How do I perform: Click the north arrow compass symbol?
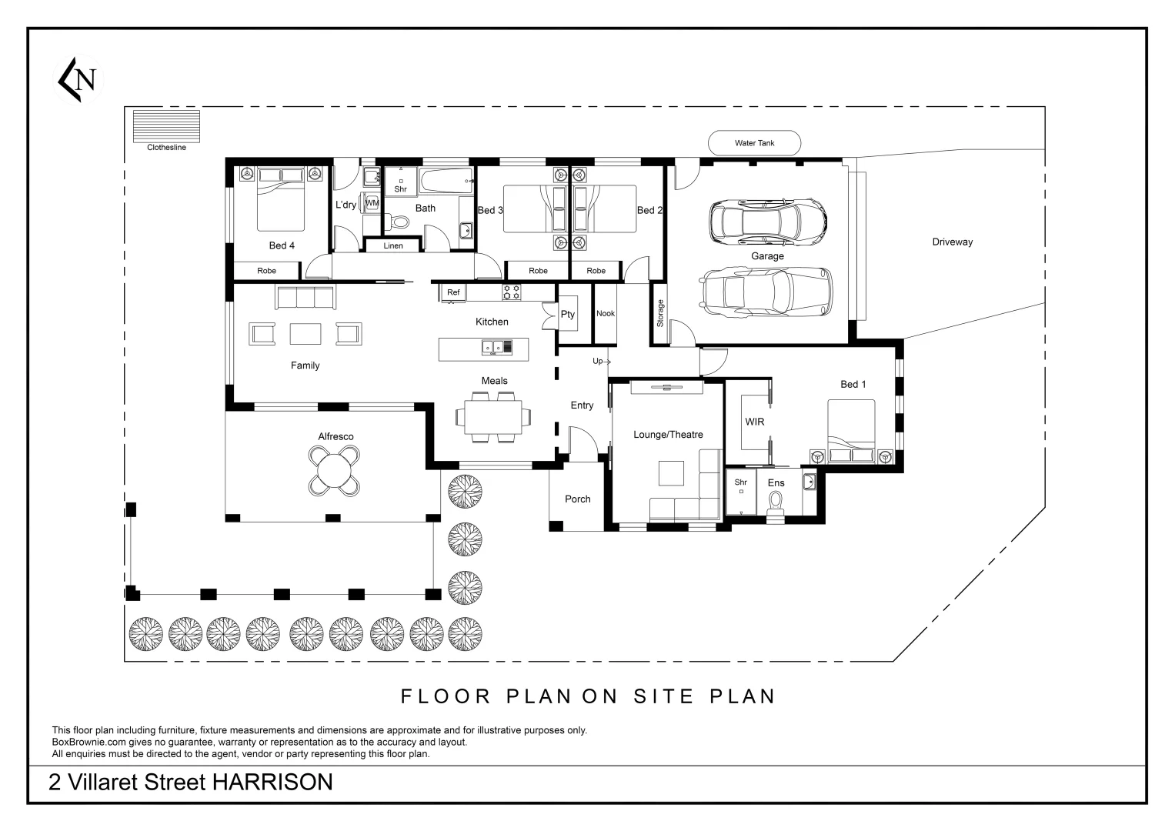tap(78, 80)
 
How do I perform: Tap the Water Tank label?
tap(754, 142)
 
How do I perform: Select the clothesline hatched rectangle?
tap(166, 126)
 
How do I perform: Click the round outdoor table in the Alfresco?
tap(334, 471)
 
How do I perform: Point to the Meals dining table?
tap(493, 417)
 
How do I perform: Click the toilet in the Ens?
tap(776, 506)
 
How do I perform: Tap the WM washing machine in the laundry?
tap(372, 203)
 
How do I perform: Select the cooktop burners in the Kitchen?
tap(512, 292)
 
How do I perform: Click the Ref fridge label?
tap(453, 292)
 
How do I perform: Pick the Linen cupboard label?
tap(393, 245)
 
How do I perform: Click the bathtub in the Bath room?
tap(446, 181)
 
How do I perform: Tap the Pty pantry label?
tap(568, 314)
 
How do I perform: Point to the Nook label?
tap(606, 313)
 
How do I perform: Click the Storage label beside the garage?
tap(660, 313)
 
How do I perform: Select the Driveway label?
tap(952, 242)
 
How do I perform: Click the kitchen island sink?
tap(492, 347)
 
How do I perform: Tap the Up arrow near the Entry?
tap(602, 361)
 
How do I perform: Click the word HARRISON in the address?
tap(272, 782)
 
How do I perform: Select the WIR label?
tap(754, 422)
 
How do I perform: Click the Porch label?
tap(578, 499)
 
